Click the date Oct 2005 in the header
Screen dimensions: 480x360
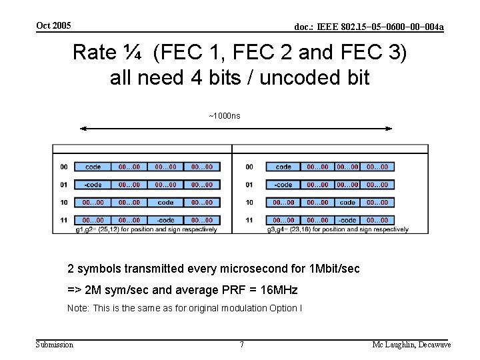click(x=53, y=25)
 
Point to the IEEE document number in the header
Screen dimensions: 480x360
click(x=369, y=27)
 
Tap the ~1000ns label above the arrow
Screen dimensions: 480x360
click(x=225, y=116)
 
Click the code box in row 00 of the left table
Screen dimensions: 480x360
click(x=93, y=167)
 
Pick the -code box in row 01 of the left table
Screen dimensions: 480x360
click(x=93, y=185)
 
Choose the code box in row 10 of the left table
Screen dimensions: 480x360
click(x=166, y=203)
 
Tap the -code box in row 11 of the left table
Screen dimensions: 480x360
click(x=166, y=220)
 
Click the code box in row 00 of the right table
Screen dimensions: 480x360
click(x=283, y=167)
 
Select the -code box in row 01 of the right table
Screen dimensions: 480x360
click(x=283, y=185)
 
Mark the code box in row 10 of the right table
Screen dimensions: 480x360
click(x=347, y=203)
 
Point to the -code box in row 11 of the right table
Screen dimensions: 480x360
click(x=347, y=220)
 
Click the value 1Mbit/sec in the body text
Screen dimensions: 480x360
click(x=335, y=269)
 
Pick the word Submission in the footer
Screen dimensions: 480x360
click(x=55, y=344)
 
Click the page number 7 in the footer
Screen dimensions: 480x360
click(x=241, y=344)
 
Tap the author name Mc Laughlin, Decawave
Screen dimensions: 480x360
click(x=411, y=344)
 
